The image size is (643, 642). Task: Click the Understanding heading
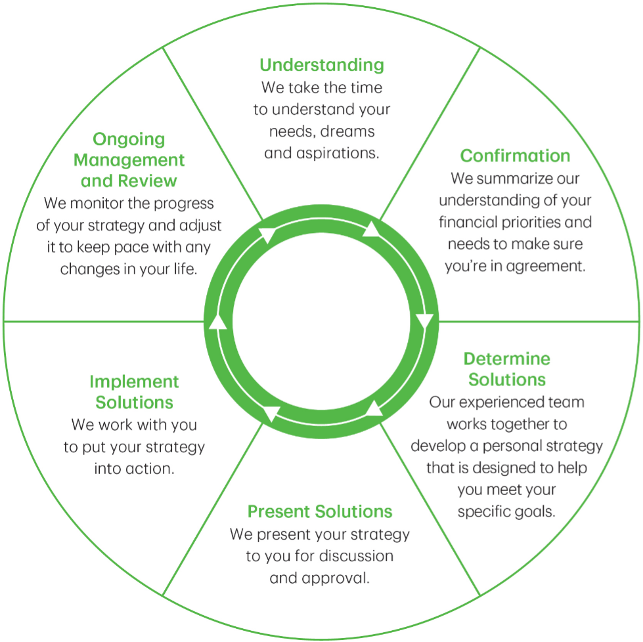click(321, 65)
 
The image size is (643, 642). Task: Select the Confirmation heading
click(515, 156)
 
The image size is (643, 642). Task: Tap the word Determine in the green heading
click(506, 359)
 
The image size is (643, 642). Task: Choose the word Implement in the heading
click(134, 381)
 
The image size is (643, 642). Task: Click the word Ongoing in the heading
click(129, 139)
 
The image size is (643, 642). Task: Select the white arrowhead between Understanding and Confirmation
click(372, 228)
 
